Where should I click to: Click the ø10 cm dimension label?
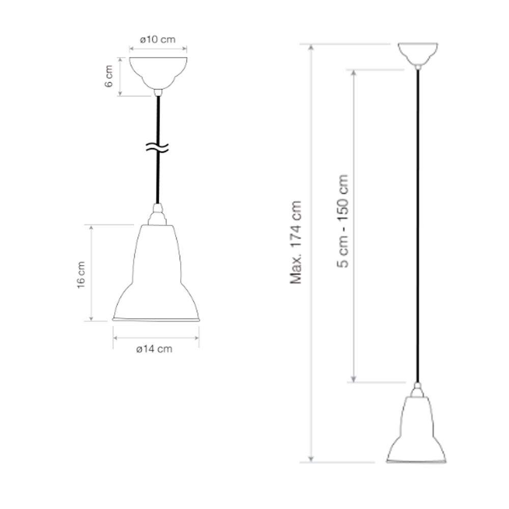pyautogui.click(x=158, y=40)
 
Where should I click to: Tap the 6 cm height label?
pyautogui.click(x=109, y=76)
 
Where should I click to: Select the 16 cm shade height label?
pyautogui.click(x=81, y=275)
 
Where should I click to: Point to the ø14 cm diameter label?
pyautogui.click(x=154, y=349)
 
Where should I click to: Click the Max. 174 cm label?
pyautogui.click(x=296, y=242)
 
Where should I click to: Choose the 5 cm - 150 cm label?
pyautogui.click(x=343, y=221)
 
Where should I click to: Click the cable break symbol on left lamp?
pyautogui.click(x=157, y=148)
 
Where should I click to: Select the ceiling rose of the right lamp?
pyautogui.click(x=418, y=54)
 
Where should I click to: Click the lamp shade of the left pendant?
pyautogui.click(x=156, y=273)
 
